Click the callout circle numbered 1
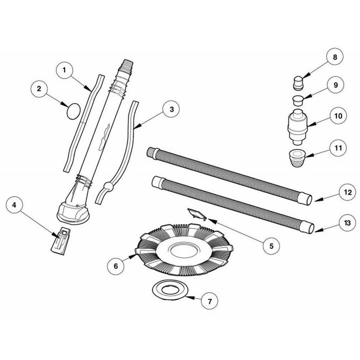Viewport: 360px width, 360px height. tap(64, 70)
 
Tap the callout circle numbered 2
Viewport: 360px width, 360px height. tap(39, 89)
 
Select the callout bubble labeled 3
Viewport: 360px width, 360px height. tap(171, 109)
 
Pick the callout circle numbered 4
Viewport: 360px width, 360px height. tap(14, 205)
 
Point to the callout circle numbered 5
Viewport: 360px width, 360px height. tap(271, 246)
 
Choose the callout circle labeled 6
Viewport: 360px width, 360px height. tap(116, 266)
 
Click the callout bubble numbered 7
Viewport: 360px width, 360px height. tap(209, 301)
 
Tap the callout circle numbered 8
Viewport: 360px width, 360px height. tap(335, 57)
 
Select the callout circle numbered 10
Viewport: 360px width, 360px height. tap(338, 116)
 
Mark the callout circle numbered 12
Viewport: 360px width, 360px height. tap(348, 192)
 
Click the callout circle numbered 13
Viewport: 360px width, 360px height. tap(348, 223)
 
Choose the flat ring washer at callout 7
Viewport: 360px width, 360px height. tap(170, 290)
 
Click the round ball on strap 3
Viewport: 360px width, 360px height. tap(108, 187)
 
